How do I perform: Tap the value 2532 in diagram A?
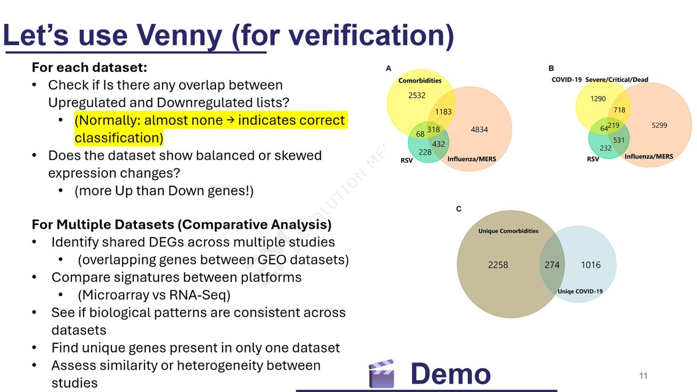pyautogui.click(x=416, y=95)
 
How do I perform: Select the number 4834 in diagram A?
pyautogui.click(x=479, y=130)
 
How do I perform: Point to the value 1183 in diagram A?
pyautogui.click(x=443, y=112)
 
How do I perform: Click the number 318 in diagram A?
pyautogui.click(x=433, y=130)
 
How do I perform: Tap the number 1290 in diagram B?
pyautogui.click(x=598, y=99)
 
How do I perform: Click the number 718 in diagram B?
pyautogui.click(x=619, y=110)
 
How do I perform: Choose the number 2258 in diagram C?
pyautogui.click(x=498, y=265)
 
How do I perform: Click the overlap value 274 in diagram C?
pyautogui.click(x=552, y=265)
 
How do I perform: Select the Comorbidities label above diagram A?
pyautogui.click(x=420, y=81)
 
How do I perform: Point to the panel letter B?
pyautogui.click(x=551, y=69)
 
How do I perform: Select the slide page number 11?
pyautogui.click(x=643, y=376)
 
